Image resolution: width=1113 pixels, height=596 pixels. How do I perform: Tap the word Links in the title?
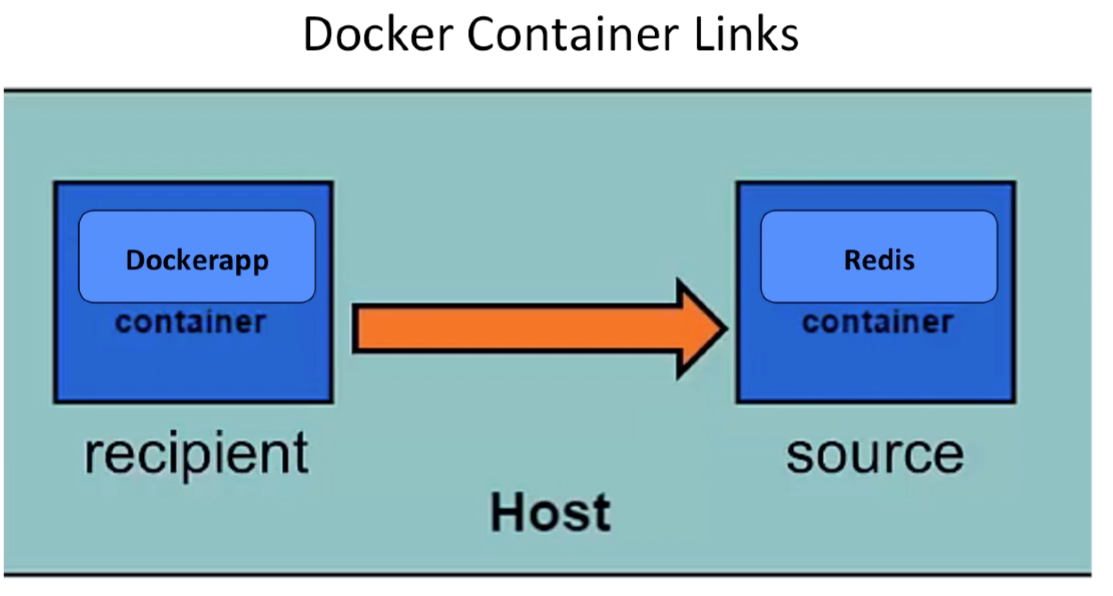(747, 34)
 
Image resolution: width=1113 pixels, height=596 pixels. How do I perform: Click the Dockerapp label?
(197, 261)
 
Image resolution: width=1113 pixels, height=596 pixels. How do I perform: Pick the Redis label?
(879, 260)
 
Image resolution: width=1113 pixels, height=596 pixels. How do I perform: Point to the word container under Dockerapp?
(191, 322)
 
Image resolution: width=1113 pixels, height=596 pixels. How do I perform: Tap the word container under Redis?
(877, 322)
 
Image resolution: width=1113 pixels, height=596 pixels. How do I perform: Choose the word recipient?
(196, 455)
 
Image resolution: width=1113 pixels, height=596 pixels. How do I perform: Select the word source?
(875, 455)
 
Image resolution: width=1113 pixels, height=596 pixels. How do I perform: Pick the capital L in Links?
(704, 34)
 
